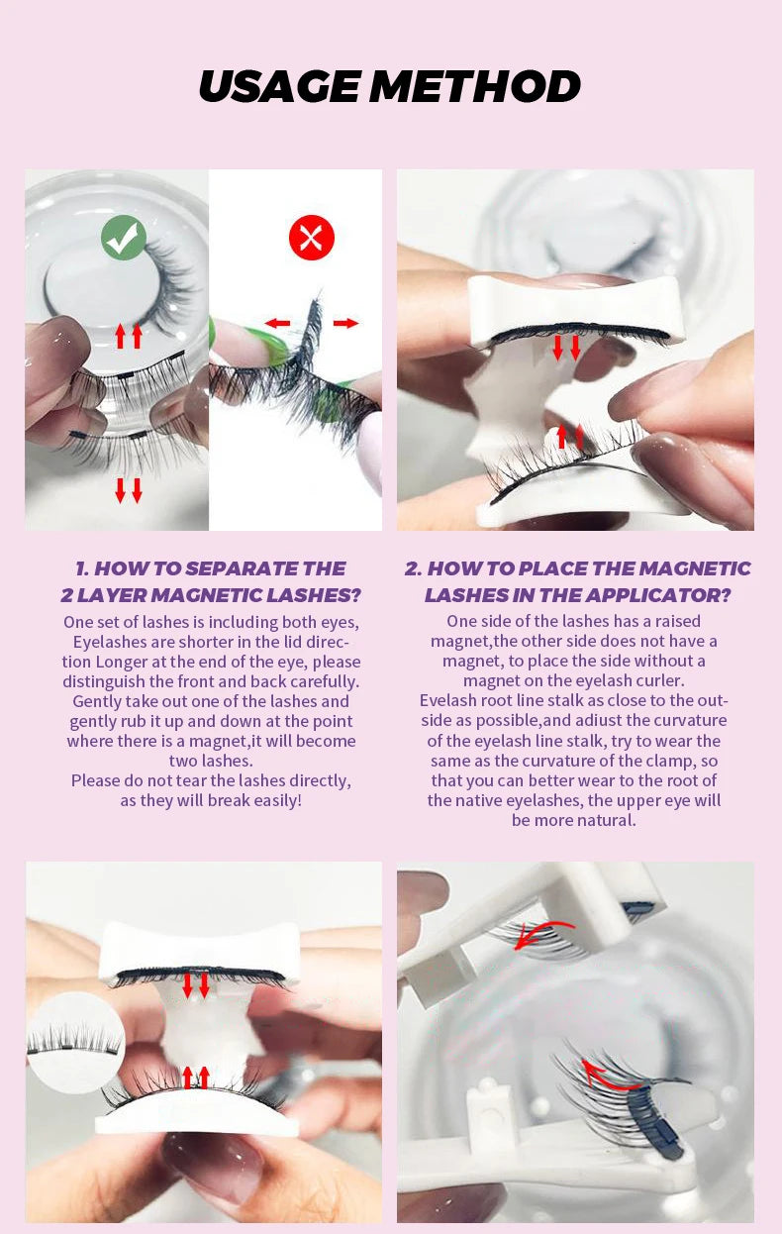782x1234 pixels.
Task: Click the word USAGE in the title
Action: pyautogui.click(x=280, y=86)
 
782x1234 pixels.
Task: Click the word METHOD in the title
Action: pyautogui.click(x=475, y=86)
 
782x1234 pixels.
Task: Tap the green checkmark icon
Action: pyautogui.click(x=124, y=237)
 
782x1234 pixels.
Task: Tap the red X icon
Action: pyautogui.click(x=312, y=238)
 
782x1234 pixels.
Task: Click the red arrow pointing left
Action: pyautogui.click(x=277, y=323)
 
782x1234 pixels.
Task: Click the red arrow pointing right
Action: pyautogui.click(x=345, y=323)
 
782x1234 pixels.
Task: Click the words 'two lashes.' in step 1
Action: pyautogui.click(x=211, y=761)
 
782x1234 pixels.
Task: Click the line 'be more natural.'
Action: pyautogui.click(x=574, y=820)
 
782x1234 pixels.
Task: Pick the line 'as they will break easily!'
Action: pyautogui.click(x=211, y=800)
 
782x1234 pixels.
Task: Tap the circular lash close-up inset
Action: pyautogui.click(x=75, y=1043)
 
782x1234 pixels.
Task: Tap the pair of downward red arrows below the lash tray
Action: pyautogui.click(x=129, y=490)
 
